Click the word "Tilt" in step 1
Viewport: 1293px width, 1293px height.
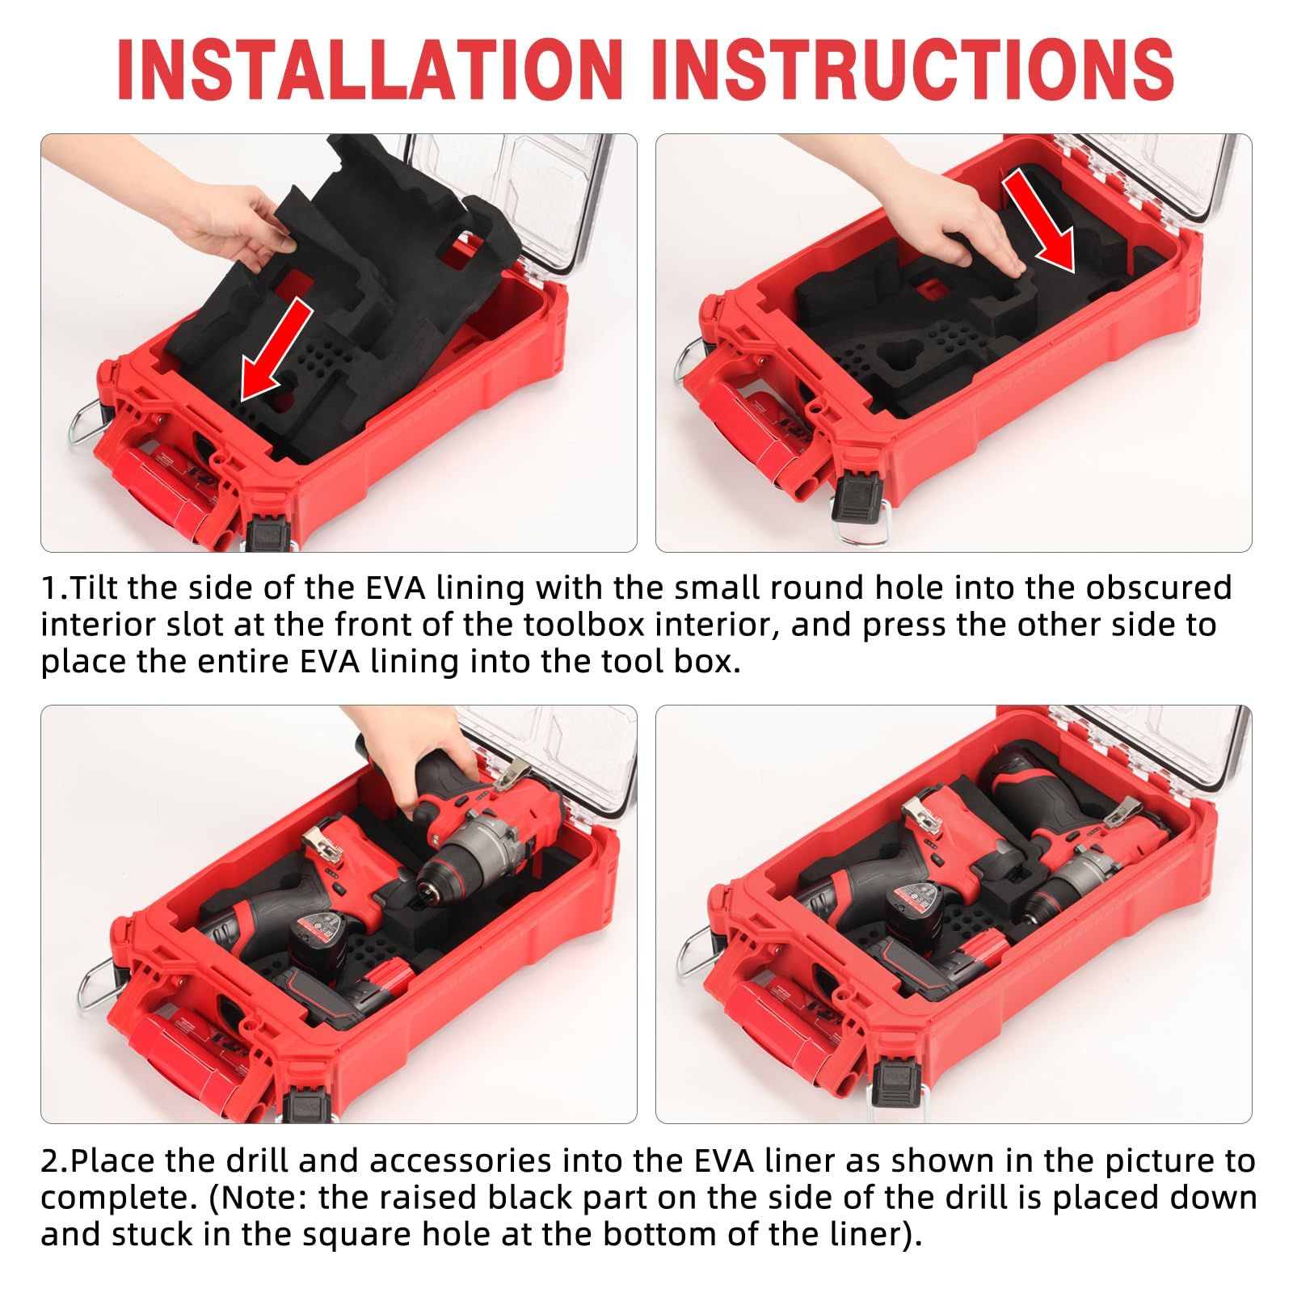tap(98, 588)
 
